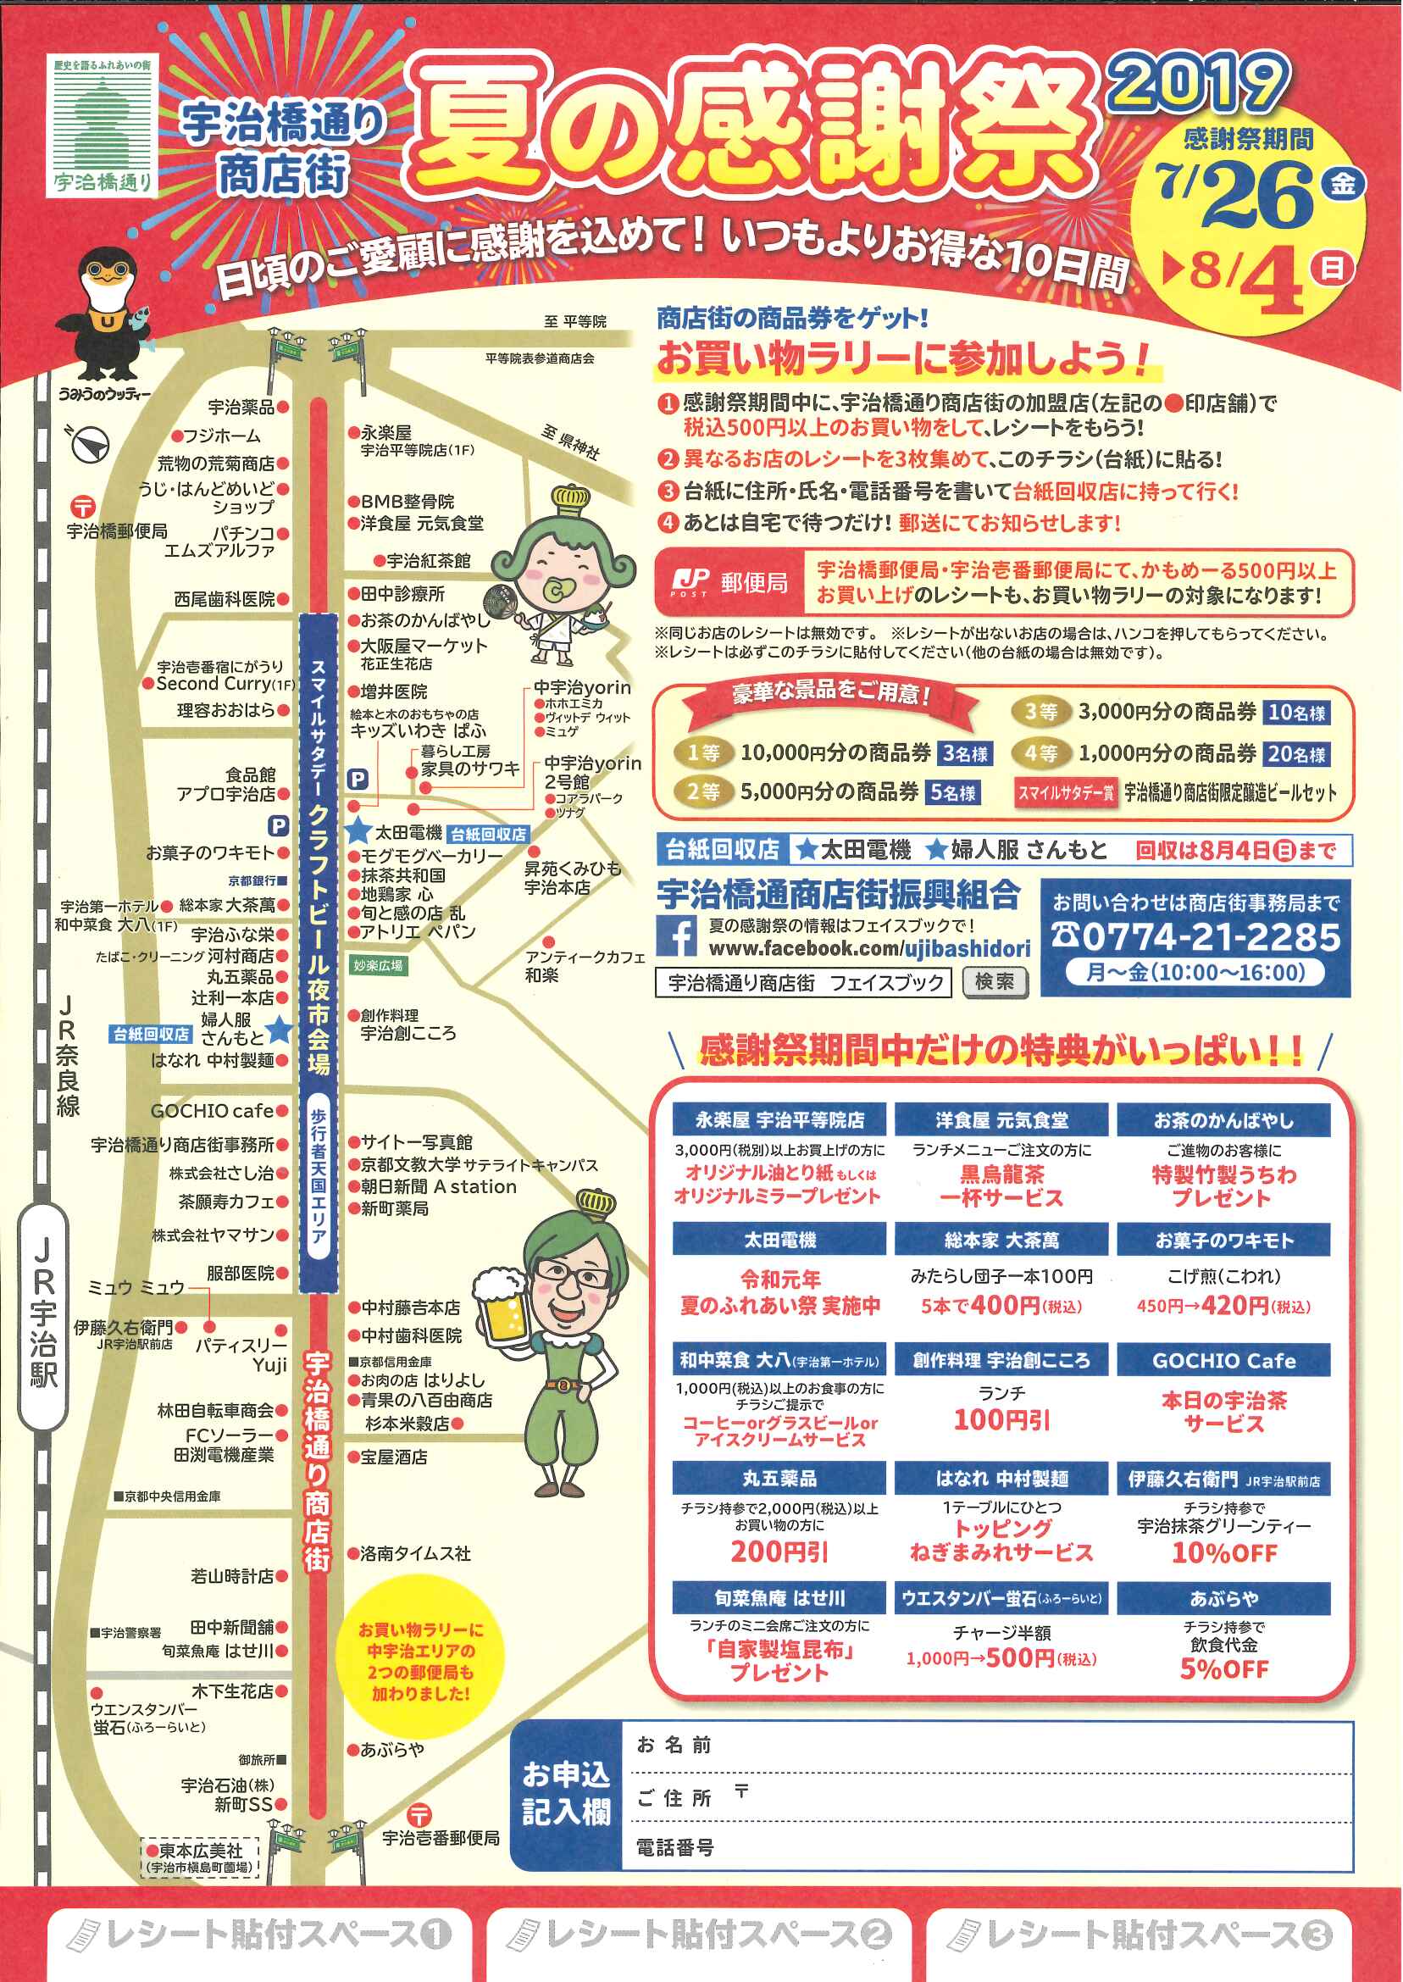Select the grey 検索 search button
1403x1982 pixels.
point(995,982)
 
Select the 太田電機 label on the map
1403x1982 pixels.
point(408,833)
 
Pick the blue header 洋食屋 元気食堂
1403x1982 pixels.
point(1001,1120)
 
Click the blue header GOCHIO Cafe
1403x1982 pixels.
point(1223,1361)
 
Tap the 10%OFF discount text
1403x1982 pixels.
point(1223,1552)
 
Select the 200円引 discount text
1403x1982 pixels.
point(779,1552)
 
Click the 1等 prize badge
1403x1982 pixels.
point(704,752)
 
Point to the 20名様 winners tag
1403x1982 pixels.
point(1296,753)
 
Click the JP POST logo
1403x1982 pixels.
point(690,581)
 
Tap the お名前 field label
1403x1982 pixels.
point(674,1745)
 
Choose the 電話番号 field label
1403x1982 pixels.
point(674,1847)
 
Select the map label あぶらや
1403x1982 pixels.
point(392,1750)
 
